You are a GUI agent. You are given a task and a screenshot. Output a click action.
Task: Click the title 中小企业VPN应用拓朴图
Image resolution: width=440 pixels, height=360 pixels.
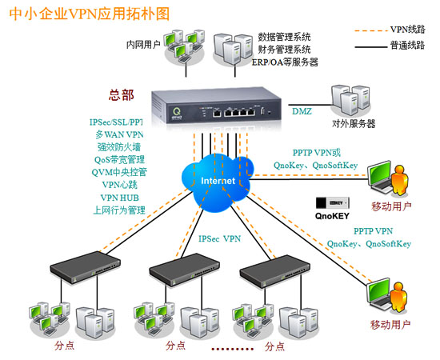click(x=90, y=14)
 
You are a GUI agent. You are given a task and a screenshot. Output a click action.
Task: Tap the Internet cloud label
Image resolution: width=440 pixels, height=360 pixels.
click(x=218, y=181)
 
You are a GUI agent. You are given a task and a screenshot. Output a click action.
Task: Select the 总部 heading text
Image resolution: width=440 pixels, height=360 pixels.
click(x=122, y=95)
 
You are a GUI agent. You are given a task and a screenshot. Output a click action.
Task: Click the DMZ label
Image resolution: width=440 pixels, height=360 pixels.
click(x=302, y=111)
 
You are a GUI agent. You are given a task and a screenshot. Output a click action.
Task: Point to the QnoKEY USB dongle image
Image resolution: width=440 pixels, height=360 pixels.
click(x=333, y=203)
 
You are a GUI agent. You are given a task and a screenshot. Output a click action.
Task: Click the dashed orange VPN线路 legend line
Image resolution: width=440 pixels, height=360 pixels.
click(x=370, y=30)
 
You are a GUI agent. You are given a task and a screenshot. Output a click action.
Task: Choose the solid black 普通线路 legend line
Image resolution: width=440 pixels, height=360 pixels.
click(x=370, y=47)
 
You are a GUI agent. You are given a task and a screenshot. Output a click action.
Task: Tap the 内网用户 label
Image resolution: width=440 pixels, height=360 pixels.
click(x=143, y=44)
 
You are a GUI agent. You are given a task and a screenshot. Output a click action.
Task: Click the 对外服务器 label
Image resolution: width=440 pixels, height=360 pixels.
click(x=354, y=123)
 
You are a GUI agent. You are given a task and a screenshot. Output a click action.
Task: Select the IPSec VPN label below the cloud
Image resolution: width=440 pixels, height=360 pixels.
click(x=220, y=238)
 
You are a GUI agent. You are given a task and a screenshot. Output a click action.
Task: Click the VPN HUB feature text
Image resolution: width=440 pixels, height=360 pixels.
click(x=120, y=198)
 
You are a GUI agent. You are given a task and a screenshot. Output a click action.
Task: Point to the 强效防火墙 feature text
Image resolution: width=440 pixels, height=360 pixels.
click(x=119, y=146)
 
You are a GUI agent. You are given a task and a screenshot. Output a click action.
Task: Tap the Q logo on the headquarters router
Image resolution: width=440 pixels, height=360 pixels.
click(x=177, y=110)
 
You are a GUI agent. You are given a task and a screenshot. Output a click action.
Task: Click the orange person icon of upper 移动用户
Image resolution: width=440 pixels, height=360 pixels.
click(x=399, y=180)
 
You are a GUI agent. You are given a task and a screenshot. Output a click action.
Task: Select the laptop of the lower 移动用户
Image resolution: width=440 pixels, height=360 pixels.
click(x=379, y=294)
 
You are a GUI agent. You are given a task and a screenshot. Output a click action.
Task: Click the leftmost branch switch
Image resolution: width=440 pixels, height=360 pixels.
click(x=86, y=267)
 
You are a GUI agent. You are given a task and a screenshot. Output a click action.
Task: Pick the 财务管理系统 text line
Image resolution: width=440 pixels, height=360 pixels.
click(x=284, y=50)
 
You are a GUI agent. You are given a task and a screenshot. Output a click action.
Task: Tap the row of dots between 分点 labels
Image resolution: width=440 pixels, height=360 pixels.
click(x=233, y=349)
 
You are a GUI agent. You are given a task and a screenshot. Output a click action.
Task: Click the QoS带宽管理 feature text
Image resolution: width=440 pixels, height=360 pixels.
click(x=119, y=160)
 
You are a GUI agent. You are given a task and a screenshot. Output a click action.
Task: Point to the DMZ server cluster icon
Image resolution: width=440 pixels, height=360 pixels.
click(x=350, y=100)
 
